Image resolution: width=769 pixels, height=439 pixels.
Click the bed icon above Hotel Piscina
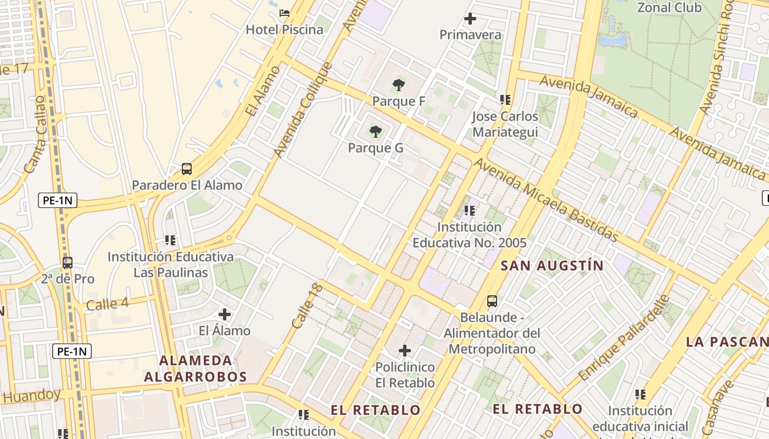click(285, 13)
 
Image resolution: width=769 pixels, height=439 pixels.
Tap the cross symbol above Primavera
click(470, 19)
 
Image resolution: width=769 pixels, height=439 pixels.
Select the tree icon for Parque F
click(399, 85)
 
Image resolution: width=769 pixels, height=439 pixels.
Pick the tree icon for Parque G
click(376, 132)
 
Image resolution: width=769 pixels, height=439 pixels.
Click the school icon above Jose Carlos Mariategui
click(505, 100)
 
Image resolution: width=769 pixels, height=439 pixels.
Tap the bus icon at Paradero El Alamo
click(187, 169)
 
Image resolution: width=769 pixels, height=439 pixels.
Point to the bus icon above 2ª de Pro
click(68, 263)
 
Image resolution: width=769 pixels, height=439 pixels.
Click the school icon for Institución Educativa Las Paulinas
click(170, 240)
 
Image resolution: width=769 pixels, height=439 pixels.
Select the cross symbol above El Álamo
click(225, 314)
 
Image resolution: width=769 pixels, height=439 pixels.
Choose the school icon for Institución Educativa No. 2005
click(470, 211)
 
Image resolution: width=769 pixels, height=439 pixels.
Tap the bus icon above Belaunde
click(492, 301)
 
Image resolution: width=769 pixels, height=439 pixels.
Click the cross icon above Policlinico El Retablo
click(405, 351)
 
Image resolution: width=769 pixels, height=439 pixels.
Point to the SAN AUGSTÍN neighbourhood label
click(552, 266)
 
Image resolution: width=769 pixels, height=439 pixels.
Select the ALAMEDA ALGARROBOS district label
click(196, 369)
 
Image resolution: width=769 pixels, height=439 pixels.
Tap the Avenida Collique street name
click(303, 110)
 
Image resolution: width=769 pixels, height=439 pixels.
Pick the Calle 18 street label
click(305, 306)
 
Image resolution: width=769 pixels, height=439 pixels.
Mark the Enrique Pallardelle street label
click(625, 338)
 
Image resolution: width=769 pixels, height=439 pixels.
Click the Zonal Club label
click(669, 8)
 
